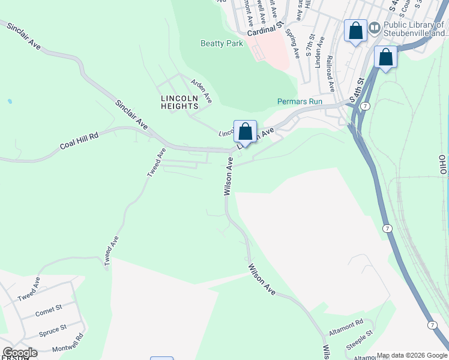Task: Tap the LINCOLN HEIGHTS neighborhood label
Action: [179, 102]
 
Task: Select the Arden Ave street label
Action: [202, 89]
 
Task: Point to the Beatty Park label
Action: [222, 44]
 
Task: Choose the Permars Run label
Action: [300, 101]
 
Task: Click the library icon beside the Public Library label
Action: [375, 28]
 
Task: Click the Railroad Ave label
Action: [330, 73]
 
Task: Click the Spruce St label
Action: [53, 330]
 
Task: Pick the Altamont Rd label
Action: [346, 327]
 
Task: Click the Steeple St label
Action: [360, 341]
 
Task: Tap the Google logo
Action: [20, 352]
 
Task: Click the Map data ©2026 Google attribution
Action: [412, 355]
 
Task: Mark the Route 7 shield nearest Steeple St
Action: [432, 325]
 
